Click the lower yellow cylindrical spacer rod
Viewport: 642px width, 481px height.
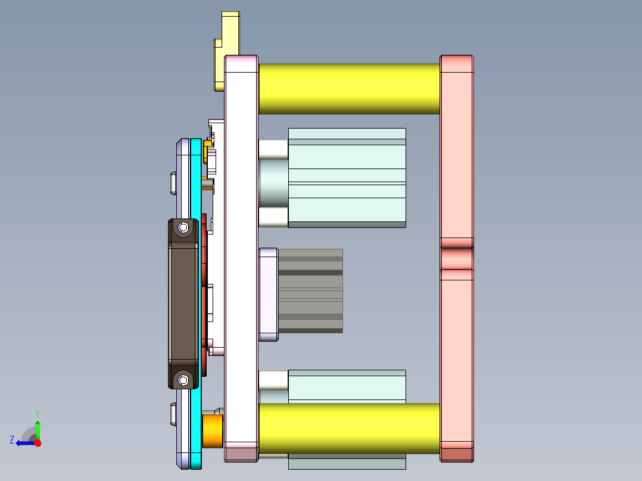click(x=348, y=429)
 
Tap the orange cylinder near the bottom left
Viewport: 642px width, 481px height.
click(x=213, y=431)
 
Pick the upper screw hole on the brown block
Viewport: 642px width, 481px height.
click(x=183, y=227)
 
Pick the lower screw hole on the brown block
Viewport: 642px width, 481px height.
click(x=183, y=379)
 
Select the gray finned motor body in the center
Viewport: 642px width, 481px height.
click(x=310, y=291)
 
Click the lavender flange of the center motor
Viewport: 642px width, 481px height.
click(x=269, y=295)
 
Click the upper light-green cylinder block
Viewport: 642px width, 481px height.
click(x=347, y=177)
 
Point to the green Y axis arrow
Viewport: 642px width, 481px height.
click(x=38, y=427)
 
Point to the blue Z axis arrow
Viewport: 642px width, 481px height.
click(x=24, y=443)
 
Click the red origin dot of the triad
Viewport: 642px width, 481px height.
click(x=38, y=443)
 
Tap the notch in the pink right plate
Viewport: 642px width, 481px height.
click(x=457, y=258)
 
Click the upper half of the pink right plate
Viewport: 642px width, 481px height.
click(x=457, y=149)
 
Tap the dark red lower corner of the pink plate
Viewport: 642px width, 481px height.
click(x=457, y=454)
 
